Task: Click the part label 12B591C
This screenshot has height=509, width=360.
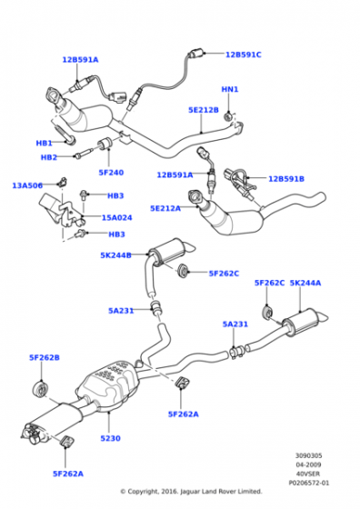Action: click(x=243, y=55)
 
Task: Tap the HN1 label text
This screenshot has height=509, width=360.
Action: click(x=230, y=89)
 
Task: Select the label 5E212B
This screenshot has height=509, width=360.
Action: click(x=204, y=110)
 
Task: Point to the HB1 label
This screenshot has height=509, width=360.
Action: click(x=45, y=144)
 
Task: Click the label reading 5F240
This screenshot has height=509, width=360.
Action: click(x=111, y=173)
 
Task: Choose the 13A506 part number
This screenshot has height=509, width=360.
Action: click(x=27, y=185)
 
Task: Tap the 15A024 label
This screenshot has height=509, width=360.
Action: click(x=117, y=217)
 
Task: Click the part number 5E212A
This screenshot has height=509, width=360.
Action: click(x=165, y=208)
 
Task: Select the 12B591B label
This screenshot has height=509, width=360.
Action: click(x=286, y=179)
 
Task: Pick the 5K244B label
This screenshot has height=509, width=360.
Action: click(x=115, y=255)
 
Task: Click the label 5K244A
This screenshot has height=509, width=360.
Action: click(x=305, y=283)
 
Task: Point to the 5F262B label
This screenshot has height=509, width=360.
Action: click(x=45, y=358)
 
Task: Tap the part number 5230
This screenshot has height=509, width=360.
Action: click(x=110, y=438)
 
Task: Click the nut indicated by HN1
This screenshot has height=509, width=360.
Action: click(x=228, y=116)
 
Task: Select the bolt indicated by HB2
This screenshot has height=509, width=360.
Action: click(x=85, y=154)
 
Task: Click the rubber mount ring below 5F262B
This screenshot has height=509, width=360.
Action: click(x=41, y=390)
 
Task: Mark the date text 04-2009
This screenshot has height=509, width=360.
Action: click(x=308, y=464)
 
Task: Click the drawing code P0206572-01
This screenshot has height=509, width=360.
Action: click(x=309, y=483)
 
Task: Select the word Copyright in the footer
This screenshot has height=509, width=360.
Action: click(x=143, y=492)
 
